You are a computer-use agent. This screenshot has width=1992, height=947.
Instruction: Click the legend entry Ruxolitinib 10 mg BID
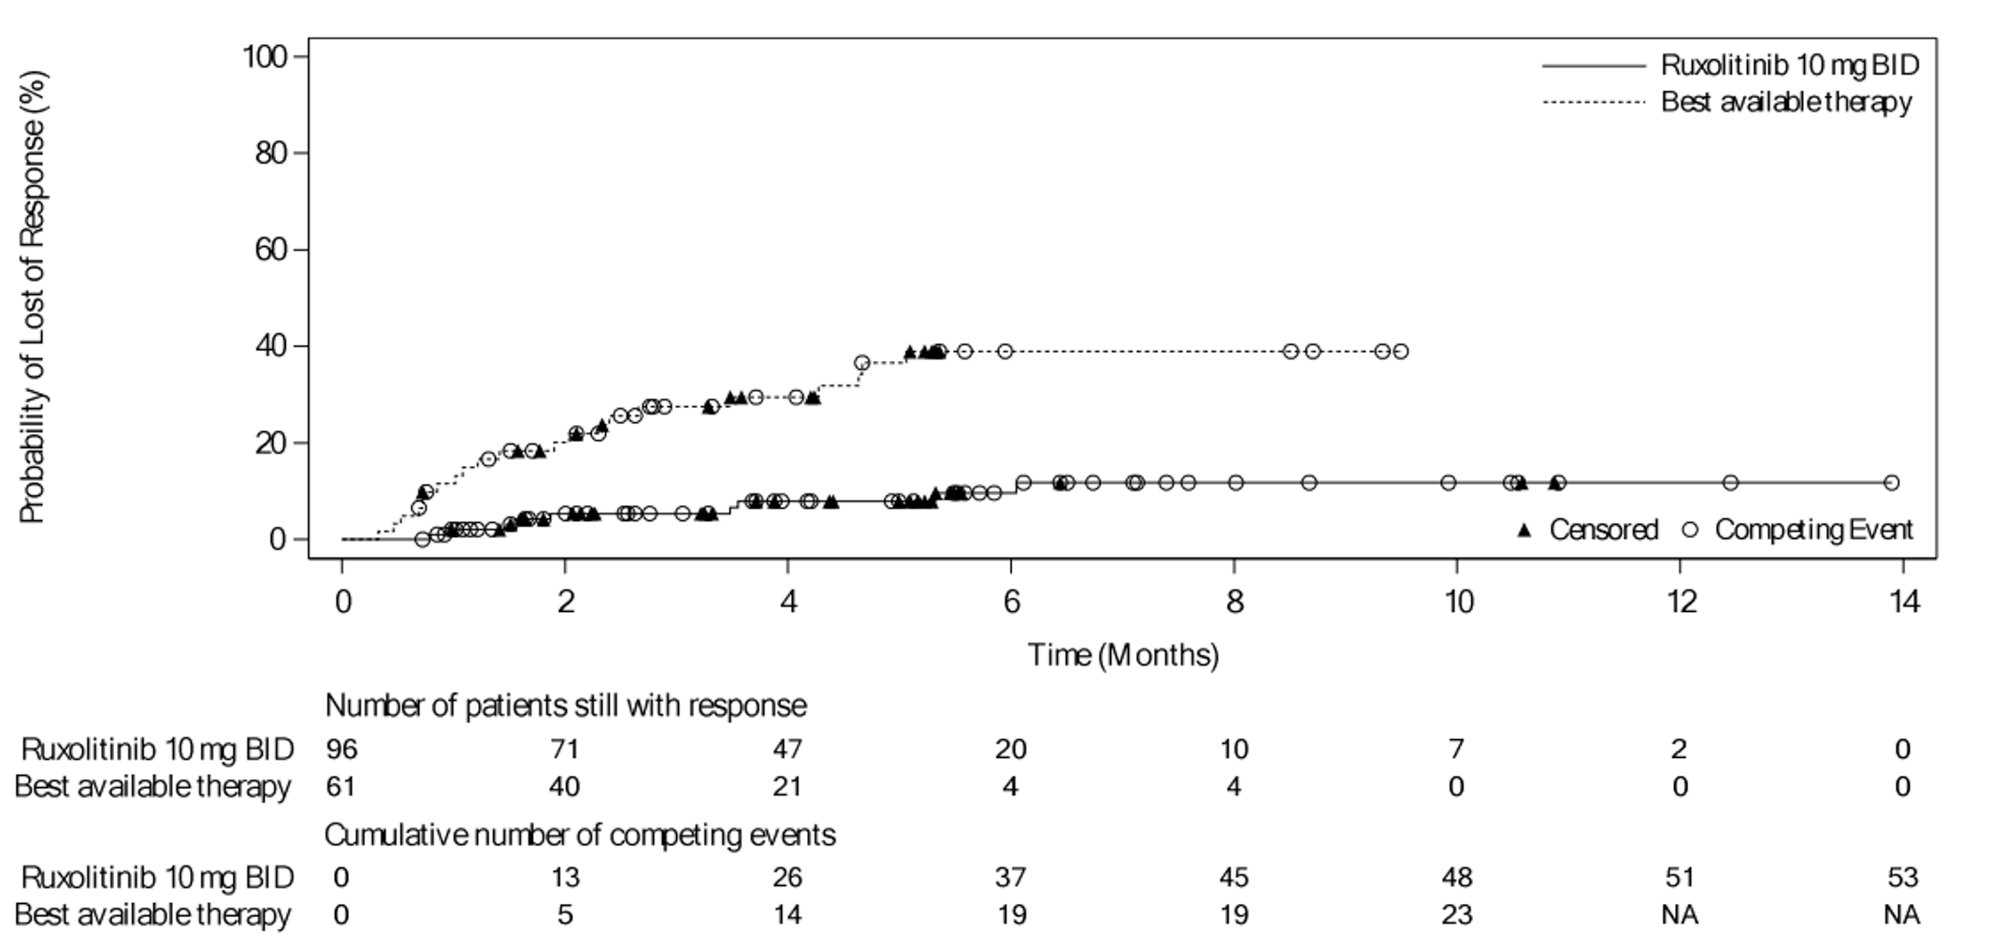1789,65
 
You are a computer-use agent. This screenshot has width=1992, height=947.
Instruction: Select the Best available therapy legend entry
1785,102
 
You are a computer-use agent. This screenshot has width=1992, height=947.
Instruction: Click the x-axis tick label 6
1011,602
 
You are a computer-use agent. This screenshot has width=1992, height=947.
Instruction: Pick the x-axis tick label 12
1681,602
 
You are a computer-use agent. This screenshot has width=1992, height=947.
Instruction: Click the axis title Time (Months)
1123,655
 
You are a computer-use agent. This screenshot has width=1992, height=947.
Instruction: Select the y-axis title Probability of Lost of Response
33,297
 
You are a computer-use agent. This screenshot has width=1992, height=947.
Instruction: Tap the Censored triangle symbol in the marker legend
1524,531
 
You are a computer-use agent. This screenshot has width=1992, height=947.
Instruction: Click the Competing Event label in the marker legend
1813,531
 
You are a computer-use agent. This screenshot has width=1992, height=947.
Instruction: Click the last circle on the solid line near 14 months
1891,483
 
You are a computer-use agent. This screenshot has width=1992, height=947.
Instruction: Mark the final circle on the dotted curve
1400,352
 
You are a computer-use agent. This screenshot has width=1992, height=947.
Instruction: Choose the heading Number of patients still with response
565,706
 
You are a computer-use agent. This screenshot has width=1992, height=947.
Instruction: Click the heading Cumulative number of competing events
580,835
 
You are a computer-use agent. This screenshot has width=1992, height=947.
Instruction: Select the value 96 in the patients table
341,750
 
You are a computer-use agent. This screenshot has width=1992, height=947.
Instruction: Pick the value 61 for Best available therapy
341,787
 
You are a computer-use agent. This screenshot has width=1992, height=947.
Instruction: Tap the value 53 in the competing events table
1902,878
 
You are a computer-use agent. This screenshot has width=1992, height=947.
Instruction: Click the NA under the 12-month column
1680,915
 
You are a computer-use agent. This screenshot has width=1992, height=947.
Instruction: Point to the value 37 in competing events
1011,878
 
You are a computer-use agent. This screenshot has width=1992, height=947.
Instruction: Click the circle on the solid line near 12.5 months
1730,483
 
